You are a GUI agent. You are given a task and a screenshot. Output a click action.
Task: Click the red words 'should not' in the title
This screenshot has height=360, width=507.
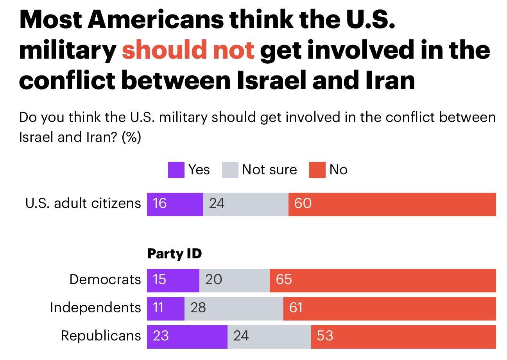point(188,51)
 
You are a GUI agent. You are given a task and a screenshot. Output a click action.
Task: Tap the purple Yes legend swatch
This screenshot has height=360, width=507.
point(176,170)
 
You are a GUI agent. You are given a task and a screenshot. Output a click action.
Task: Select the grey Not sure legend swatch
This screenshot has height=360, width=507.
point(230,170)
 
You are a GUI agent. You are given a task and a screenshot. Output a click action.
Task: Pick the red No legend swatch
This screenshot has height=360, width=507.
point(317,170)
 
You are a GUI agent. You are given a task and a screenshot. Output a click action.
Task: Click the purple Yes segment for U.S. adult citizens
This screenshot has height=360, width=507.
point(175,204)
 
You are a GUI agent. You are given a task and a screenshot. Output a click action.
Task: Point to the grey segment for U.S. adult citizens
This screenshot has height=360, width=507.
point(245,204)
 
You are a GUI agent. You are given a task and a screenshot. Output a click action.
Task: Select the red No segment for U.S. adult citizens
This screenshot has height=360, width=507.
point(392,204)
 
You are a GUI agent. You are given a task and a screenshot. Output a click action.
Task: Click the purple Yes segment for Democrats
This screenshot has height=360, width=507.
point(173,280)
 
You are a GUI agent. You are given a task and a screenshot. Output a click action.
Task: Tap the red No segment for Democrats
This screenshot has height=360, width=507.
point(383,280)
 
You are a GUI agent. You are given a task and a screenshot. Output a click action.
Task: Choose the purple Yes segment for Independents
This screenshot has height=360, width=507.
point(165,308)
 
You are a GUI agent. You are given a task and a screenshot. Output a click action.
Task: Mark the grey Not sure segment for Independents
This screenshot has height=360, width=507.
point(234,308)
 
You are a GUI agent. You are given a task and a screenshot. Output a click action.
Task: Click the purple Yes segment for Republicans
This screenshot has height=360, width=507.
point(187,337)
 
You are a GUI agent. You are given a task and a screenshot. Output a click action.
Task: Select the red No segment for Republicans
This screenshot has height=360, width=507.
point(403,337)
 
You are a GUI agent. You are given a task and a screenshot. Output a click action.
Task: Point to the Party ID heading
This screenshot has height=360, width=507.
point(174,254)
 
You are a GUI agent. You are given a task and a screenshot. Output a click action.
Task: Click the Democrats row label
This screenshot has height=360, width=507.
point(105,280)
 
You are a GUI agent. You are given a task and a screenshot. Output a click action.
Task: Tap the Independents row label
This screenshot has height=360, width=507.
point(95,308)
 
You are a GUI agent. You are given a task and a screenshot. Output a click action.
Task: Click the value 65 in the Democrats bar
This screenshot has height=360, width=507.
point(284,280)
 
